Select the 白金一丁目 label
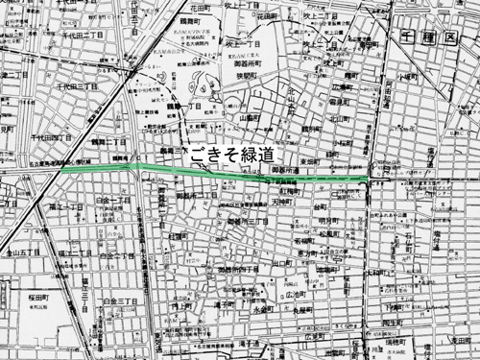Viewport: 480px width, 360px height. pos(114,199)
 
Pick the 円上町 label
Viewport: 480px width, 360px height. pos(179,306)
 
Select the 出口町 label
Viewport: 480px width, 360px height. pos(281,261)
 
